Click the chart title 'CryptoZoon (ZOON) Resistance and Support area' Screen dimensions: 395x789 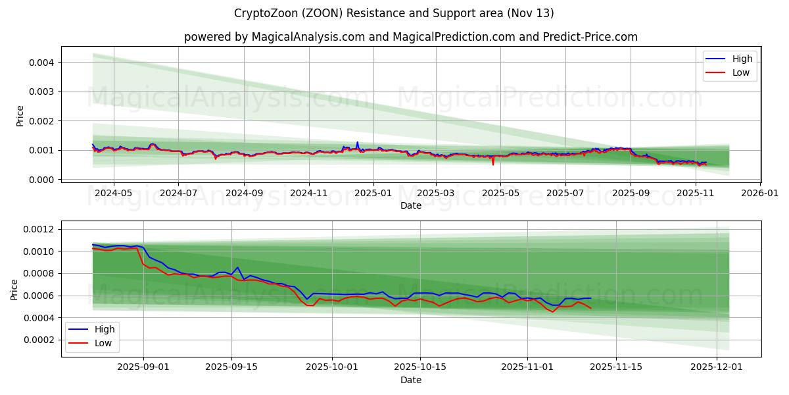point(393,13)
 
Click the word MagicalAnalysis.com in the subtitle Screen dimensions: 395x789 point(308,37)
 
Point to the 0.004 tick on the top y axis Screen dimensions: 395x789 point(41,63)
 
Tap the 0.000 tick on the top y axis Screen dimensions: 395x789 point(41,180)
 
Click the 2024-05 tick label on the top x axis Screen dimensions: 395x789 point(114,194)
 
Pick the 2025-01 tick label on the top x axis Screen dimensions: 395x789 point(373,194)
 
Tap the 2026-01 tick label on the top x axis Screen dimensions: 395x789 point(759,194)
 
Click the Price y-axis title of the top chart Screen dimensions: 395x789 point(20,116)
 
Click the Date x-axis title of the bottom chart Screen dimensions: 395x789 point(411,380)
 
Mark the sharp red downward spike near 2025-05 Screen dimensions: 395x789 point(493,163)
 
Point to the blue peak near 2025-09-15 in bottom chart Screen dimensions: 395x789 point(237,267)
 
